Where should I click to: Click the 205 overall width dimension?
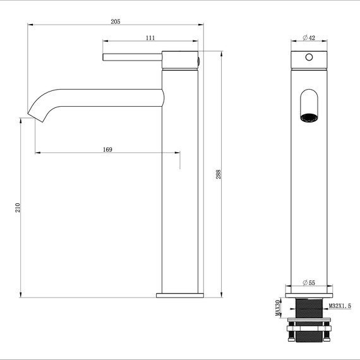116,21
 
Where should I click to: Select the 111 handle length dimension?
150,39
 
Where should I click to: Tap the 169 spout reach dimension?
107,149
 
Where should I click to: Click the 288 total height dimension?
219,175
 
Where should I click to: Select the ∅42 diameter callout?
308,38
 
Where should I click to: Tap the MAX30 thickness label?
277,309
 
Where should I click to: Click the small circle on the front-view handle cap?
309,57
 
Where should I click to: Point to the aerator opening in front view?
309,116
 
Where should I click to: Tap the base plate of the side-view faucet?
180,294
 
